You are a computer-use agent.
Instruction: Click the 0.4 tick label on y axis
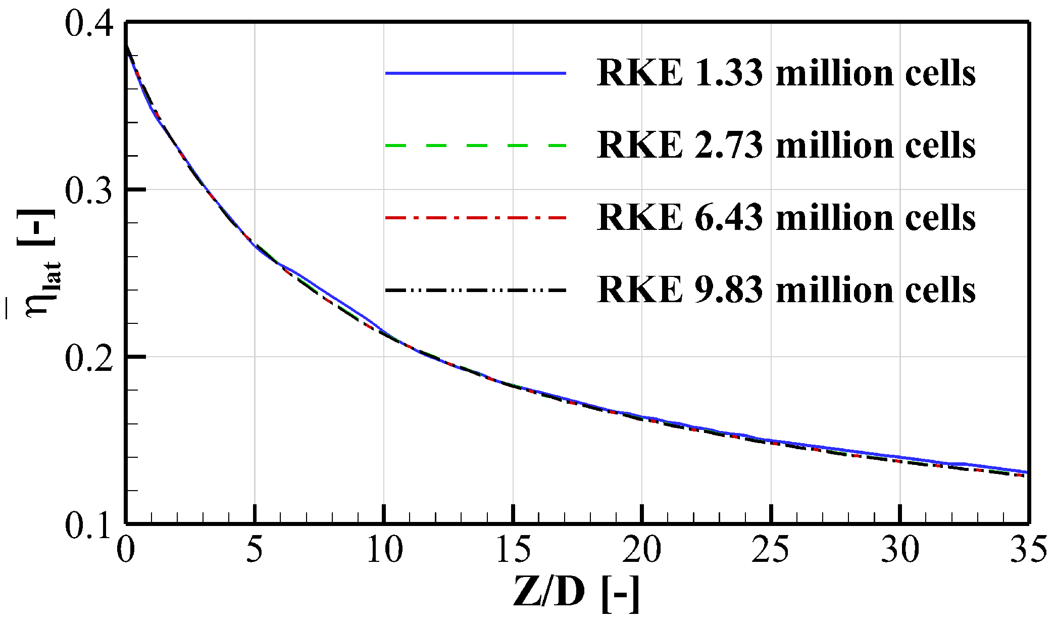click(x=89, y=24)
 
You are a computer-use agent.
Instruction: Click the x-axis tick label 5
click(x=255, y=549)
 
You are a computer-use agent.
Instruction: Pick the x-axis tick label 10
click(x=384, y=549)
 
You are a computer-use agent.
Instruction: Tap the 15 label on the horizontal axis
click(x=514, y=549)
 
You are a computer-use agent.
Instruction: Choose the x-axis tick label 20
click(x=642, y=549)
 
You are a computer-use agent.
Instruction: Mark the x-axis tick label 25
click(x=771, y=549)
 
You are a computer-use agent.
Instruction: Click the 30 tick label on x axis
click(x=900, y=549)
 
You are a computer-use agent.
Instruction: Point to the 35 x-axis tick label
click(x=1028, y=549)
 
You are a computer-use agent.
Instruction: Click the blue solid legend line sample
click(x=475, y=73)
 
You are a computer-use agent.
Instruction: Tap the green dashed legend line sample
click(x=475, y=146)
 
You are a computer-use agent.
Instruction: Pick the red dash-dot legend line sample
click(x=475, y=217)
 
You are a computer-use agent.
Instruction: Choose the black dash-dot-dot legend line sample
click(x=475, y=290)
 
